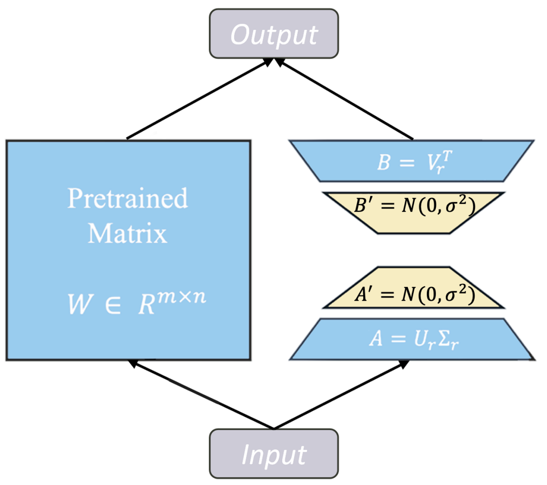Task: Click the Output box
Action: [274, 34]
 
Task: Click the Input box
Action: [274, 454]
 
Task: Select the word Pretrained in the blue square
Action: [127, 198]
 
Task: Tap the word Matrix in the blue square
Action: [127, 234]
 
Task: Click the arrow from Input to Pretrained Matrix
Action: [201, 394]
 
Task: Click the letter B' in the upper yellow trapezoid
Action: [362, 206]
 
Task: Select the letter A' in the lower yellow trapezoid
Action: [362, 294]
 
